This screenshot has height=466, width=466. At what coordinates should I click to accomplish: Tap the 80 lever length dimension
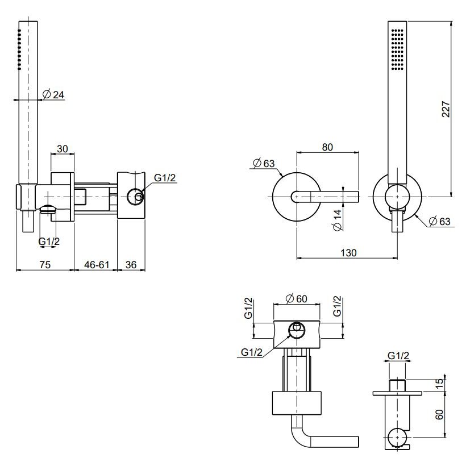tap(327, 147)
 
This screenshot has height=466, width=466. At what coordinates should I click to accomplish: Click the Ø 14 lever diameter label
tap(337, 219)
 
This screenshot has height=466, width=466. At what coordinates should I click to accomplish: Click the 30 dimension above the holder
tap(63, 149)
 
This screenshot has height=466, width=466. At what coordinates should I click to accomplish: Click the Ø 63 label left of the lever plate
tap(261, 164)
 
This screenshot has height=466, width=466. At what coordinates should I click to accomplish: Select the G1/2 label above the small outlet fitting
tap(398, 356)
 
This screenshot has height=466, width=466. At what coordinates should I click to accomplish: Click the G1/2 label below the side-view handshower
tap(49, 242)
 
